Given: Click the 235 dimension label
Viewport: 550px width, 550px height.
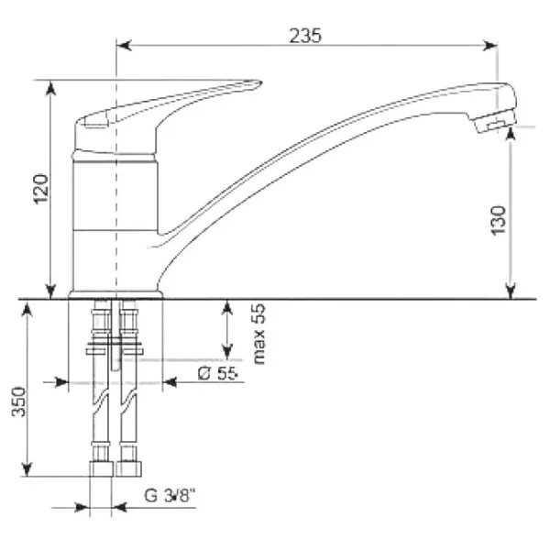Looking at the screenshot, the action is tap(305, 36).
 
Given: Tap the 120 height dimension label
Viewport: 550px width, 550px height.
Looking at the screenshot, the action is tap(40, 189).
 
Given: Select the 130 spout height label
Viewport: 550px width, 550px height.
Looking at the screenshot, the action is tap(499, 221).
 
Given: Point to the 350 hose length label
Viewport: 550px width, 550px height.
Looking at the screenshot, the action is tap(19, 401).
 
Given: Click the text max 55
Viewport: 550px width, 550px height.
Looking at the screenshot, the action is tap(259, 335).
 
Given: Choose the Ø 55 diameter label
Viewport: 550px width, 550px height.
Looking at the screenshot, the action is tap(217, 373).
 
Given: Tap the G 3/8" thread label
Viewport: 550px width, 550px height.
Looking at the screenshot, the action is tap(170, 496).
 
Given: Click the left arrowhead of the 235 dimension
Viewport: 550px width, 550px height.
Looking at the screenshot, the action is tap(124, 46).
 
